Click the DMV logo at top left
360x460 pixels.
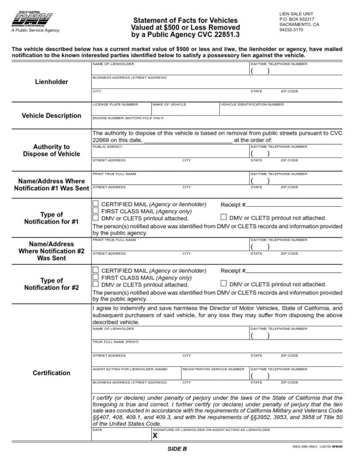31,20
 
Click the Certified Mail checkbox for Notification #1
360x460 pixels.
96,204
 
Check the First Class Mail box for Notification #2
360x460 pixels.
96,277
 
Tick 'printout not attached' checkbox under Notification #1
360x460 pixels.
224,217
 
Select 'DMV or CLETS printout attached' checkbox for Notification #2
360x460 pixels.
96,284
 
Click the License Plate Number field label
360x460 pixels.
115,105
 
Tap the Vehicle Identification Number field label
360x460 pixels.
252,105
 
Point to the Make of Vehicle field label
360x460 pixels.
169,105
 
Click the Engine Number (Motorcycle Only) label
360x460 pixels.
128,118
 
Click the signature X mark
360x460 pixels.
155,435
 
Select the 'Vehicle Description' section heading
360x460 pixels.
52,115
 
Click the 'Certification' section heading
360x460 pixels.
52,373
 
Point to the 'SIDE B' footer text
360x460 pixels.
177,449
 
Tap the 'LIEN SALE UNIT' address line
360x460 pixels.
296,14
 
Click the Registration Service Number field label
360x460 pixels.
213,369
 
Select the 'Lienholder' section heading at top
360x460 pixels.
52,82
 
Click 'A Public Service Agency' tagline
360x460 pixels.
35,31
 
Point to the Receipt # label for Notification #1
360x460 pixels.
233,204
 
